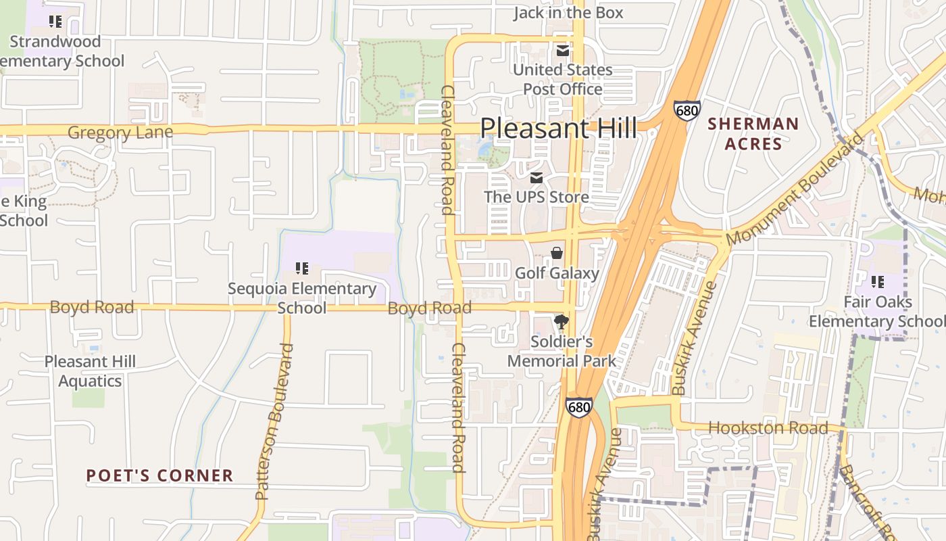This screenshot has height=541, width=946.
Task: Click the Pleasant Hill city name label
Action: pos(558,128)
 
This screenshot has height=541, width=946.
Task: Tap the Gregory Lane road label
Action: pos(120,133)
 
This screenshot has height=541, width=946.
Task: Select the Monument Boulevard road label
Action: pos(795,189)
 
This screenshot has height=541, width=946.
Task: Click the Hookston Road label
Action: pos(768,428)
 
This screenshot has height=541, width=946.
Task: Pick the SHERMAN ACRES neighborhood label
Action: pos(753,134)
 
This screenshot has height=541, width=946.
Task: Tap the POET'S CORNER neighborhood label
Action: pos(159,475)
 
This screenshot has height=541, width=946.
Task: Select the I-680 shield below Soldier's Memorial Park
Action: pos(579,407)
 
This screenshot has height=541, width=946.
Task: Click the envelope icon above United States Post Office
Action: pos(562,51)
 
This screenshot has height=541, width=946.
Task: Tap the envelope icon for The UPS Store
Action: pos(537,178)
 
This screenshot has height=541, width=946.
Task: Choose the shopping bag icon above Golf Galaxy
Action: pos(557,254)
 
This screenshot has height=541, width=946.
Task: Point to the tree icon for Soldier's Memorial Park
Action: pos(561,322)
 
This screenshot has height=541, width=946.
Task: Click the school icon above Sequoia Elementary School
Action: pos(301,268)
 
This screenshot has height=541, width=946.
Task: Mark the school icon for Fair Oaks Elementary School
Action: pos(877,282)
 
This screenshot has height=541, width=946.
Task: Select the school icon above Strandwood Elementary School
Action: pos(55,22)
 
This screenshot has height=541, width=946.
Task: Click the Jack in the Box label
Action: pos(568,12)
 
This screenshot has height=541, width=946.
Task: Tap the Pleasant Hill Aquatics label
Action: pos(90,371)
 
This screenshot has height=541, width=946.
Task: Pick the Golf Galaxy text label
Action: pos(557,273)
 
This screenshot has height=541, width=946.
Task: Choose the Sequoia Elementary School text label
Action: pos(301,298)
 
